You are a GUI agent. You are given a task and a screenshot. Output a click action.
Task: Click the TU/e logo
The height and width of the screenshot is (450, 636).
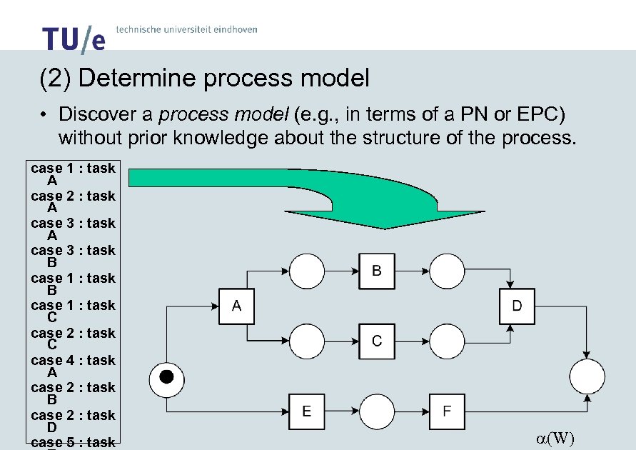point(73,39)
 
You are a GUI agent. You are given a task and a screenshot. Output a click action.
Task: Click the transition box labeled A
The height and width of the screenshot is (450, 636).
point(236,306)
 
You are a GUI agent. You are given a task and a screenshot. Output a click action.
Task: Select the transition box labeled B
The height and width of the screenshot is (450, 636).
point(376,271)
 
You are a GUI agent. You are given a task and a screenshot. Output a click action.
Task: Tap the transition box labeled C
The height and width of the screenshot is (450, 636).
point(376,341)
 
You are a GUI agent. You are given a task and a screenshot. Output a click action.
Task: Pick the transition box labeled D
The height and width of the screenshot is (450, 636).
point(516,306)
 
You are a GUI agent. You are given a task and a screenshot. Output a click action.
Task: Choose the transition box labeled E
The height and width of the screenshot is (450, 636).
point(306,411)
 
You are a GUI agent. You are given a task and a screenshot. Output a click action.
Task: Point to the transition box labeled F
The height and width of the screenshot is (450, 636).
point(446,411)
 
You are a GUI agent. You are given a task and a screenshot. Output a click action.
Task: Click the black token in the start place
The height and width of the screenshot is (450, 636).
point(166,376)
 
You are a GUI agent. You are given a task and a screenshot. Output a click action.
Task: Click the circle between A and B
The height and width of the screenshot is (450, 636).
point(306,271)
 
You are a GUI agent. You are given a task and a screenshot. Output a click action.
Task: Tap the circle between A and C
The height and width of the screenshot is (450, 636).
point(306,341)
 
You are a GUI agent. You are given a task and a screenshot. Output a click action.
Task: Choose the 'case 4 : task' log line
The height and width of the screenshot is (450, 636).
point(73,360)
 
